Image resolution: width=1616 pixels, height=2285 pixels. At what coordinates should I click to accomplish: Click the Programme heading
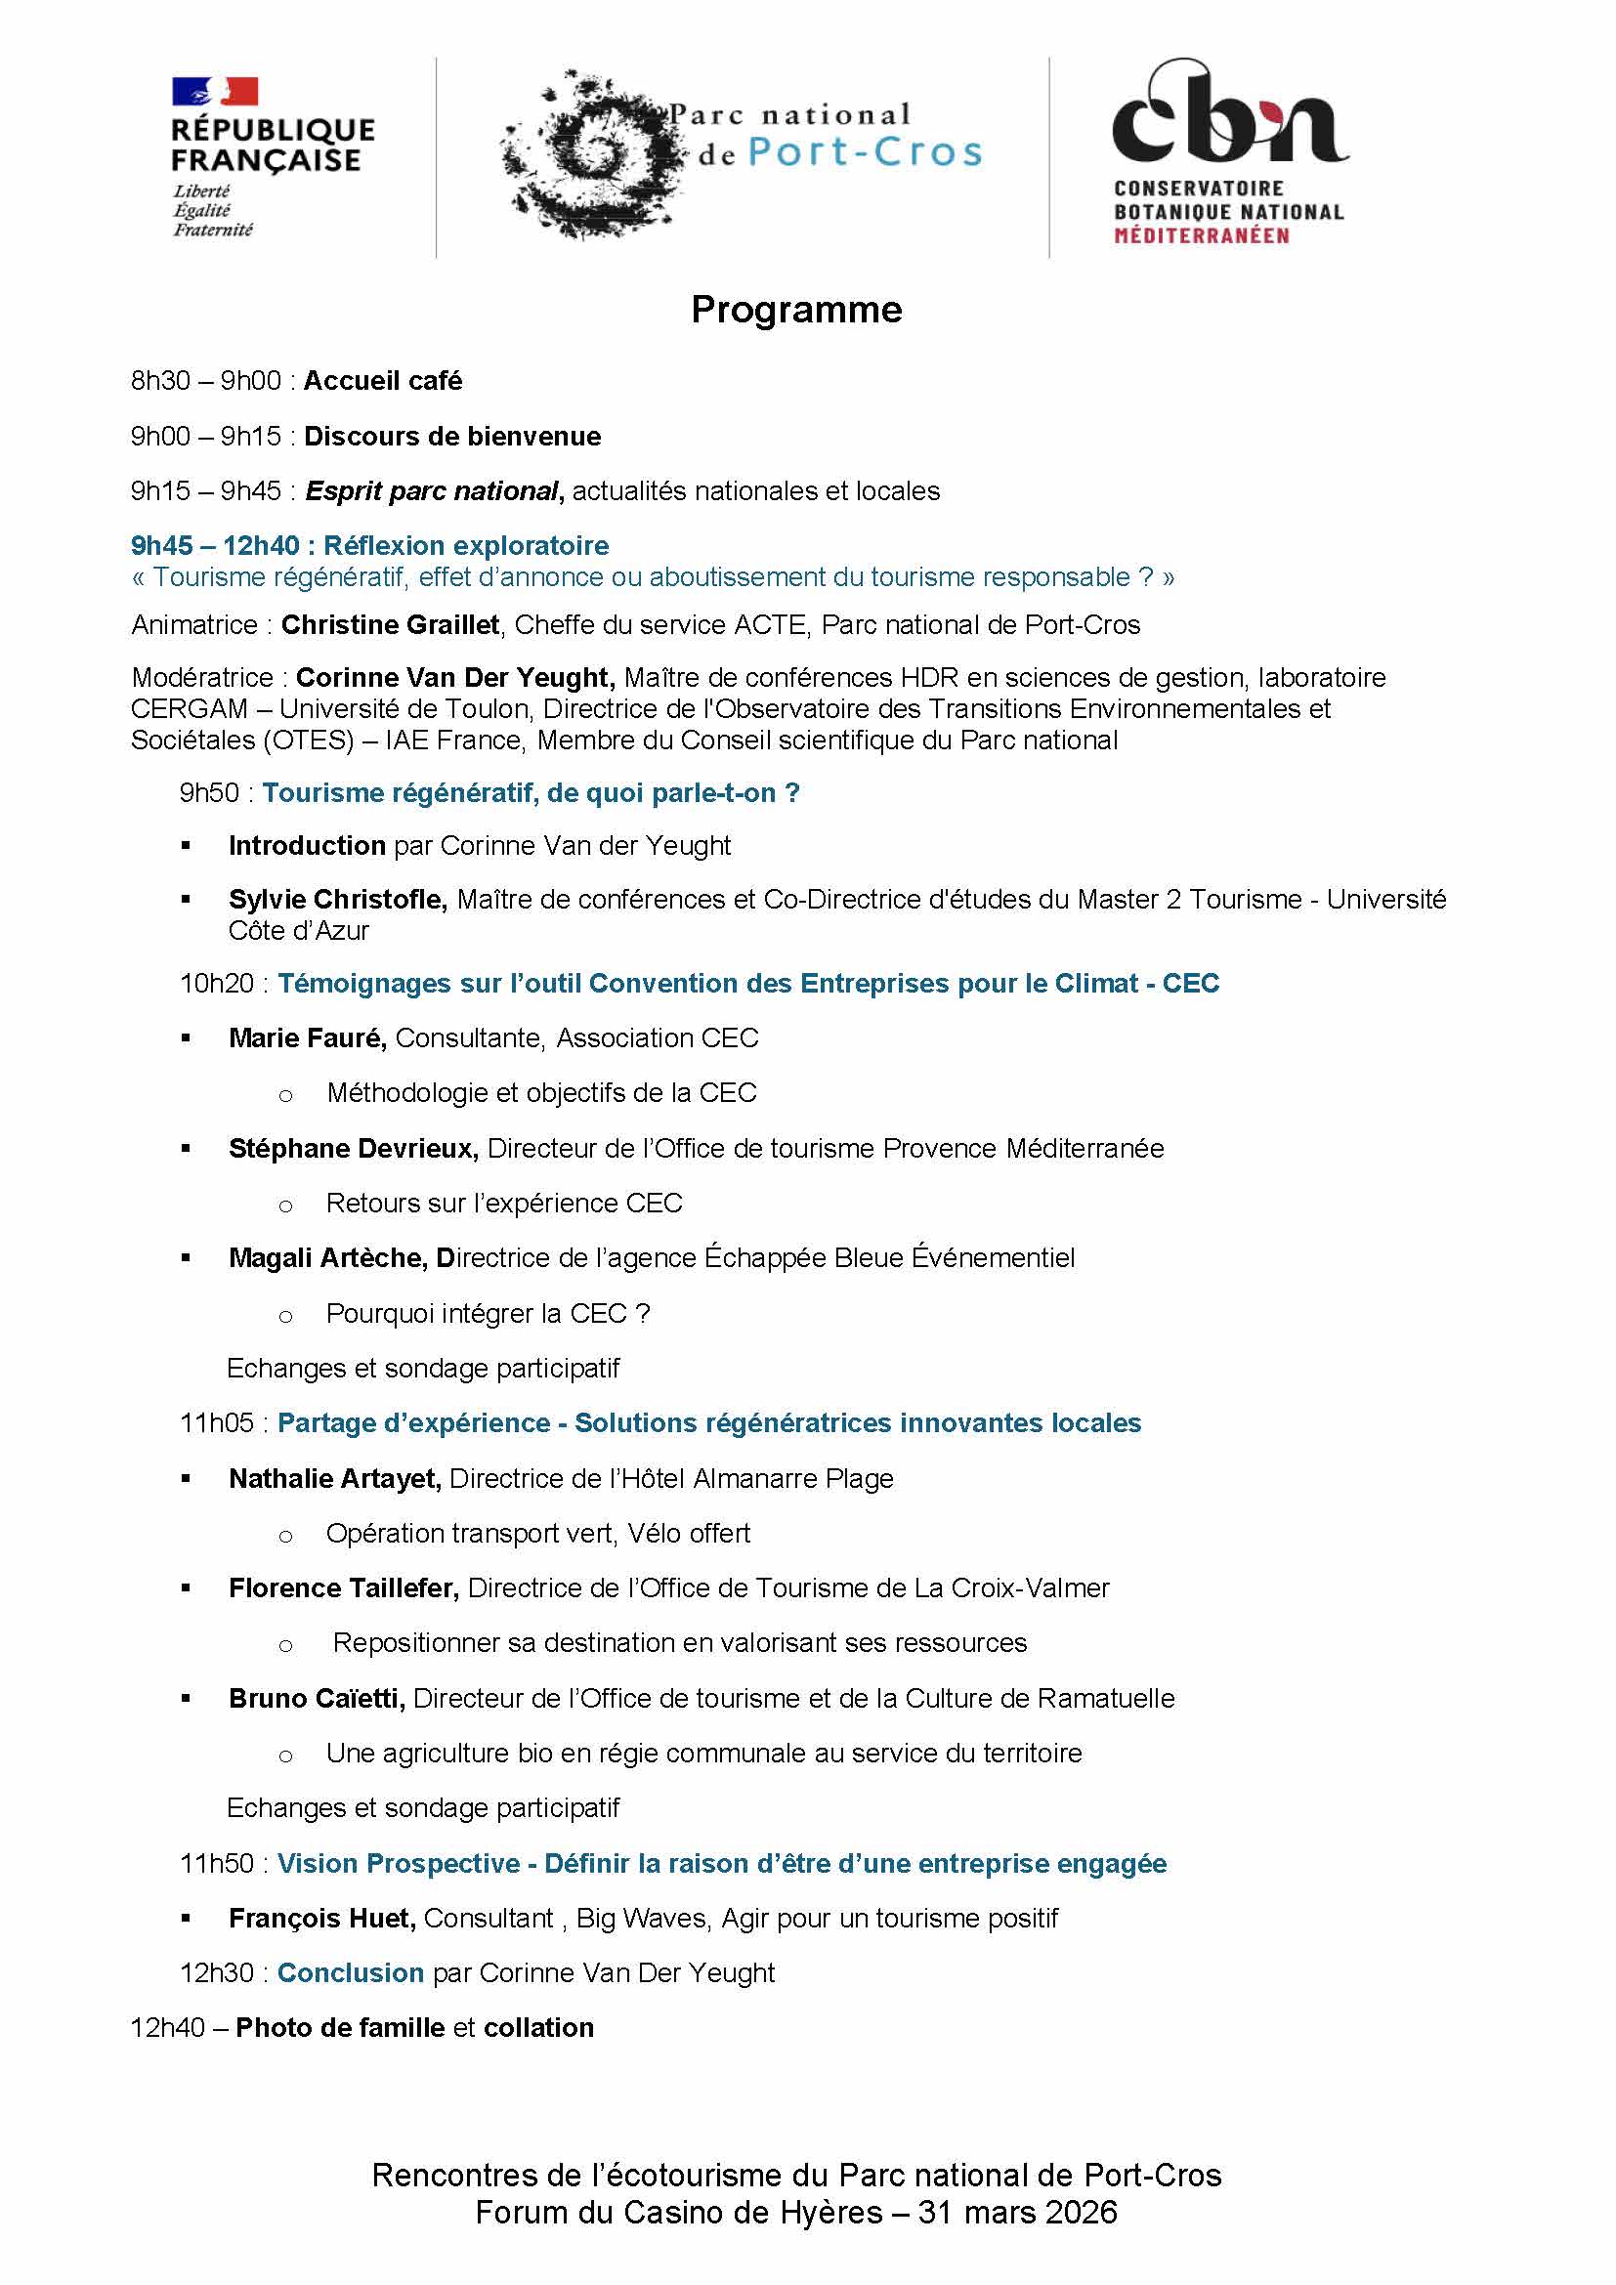click(x=796, y=310)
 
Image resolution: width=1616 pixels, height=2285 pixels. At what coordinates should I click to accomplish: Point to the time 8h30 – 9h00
click(x=206, y=381)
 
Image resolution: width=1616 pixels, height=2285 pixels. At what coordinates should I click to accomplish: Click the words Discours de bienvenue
click(x=451, y=437)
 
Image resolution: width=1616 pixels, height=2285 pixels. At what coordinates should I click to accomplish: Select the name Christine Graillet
click(x=390, y=625)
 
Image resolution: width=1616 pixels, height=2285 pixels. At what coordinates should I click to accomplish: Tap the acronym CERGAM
click(x=190, y=709)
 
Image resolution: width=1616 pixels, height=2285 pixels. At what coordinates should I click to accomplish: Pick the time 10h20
click(x=217, y=985)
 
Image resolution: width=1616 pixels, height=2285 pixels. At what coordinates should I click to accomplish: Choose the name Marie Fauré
click(x=308, y=1039)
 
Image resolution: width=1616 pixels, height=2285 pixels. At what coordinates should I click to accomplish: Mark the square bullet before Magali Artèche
click(x=186, y=1259)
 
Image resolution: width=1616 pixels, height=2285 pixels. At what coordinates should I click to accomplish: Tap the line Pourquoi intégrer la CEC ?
click(x=488, y=1315)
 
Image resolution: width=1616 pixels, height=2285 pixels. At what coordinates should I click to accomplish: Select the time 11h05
click(x=217, y=1424)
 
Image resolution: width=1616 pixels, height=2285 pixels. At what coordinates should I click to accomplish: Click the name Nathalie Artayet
click(x=334, y=1480)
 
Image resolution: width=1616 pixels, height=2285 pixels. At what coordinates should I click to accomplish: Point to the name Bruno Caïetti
click(x=317, y=1699)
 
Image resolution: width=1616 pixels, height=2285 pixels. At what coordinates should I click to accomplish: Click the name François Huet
click(x=321, y=1919)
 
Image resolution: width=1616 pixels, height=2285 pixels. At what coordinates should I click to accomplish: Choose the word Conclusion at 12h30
click(x=351, y=1973)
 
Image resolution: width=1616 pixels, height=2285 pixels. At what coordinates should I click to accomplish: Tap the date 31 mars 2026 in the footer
click(x=1017, y=2213)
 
